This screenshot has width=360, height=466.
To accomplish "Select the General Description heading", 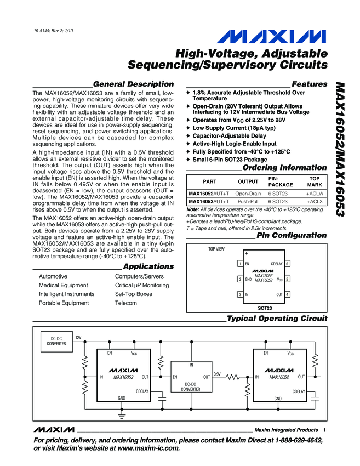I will point(133,84).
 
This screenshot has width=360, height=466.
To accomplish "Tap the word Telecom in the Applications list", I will point(125,303).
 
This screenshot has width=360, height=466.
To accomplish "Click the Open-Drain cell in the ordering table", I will point(248,194).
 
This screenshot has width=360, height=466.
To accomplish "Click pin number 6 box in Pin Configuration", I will point(288,264).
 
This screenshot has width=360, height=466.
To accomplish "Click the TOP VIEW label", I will point(216,249).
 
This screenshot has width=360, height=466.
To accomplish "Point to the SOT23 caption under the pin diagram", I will point(265,308).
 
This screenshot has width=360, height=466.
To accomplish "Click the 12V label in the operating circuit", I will point(78,338).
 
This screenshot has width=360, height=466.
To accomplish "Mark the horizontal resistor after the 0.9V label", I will point(235,377).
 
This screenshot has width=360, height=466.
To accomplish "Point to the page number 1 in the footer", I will point(325,430).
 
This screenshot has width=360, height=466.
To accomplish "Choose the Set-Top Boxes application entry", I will point(134,294).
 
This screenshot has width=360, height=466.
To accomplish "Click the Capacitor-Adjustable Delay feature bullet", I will point(229,135).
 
